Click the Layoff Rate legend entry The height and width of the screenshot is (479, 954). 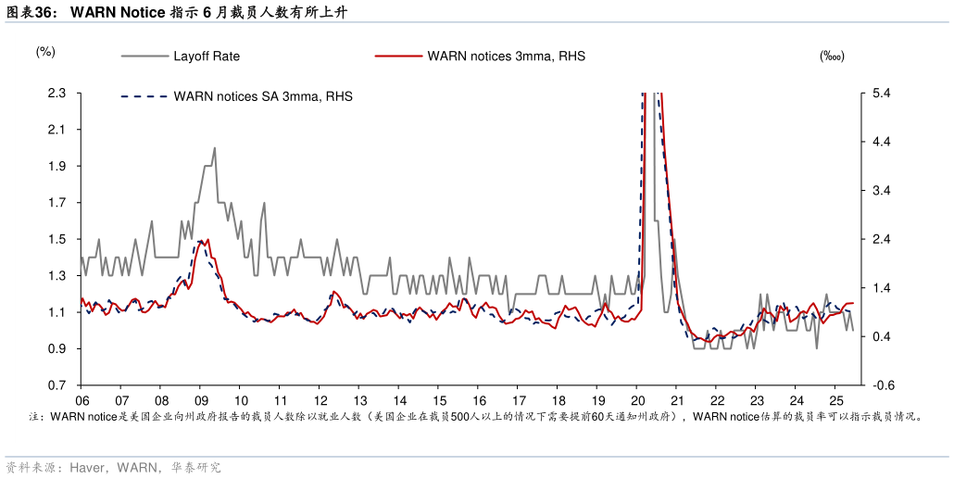click(x=206, y=57)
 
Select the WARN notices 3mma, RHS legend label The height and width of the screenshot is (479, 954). click(x=506, y=57)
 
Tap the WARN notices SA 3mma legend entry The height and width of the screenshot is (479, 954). click(x=262, y=96)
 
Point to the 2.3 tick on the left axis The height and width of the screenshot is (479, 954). click(x=57, y=94)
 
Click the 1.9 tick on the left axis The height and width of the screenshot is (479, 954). click(x=57, y=167)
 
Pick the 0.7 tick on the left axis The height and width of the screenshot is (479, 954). click(x=57, y=385)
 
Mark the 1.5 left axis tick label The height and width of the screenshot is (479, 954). click(x=57, y=240)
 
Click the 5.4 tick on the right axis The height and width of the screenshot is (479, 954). click(x=881, y=94)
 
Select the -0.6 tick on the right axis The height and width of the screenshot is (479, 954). click(x=881, y=385)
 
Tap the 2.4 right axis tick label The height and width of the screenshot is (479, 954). click(x=881, y=240)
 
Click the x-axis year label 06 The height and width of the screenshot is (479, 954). click(x=82, y=401)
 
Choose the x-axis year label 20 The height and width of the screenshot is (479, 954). click(x=637, y=401)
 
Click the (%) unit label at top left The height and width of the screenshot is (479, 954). click(x=45, y=52)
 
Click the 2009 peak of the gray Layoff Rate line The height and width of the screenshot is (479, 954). click(x=214, y=148)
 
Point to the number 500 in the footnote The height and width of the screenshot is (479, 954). click(x=459, y=418)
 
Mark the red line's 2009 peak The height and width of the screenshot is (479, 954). click(x=207, y=240)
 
